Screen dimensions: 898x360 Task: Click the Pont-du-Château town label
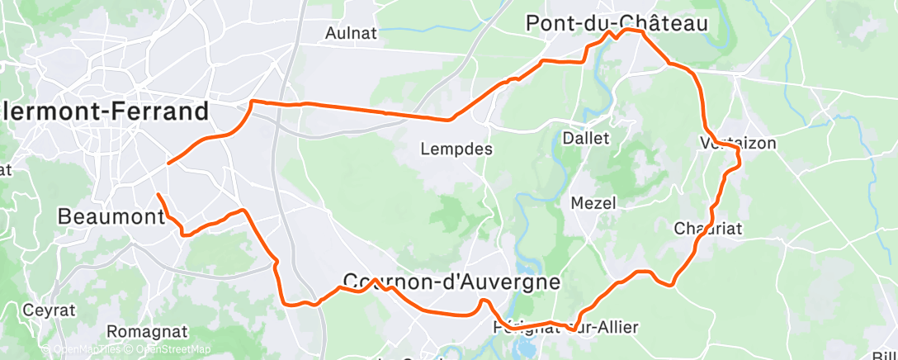click(617, 24)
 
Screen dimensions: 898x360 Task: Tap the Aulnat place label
click(352, 33)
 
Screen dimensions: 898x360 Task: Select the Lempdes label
click(456, 149)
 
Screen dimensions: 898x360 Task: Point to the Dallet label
click(585, 138)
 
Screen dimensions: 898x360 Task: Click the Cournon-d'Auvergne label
click(451, 281)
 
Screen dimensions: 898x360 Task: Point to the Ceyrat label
click(50, 310)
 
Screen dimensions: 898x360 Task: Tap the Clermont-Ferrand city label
click(104, 111)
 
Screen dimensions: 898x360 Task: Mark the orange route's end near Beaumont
click(158, 194)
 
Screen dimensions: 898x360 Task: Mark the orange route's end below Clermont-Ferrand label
click(168, 163)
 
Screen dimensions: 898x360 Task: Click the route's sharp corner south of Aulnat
click(252, 101)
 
